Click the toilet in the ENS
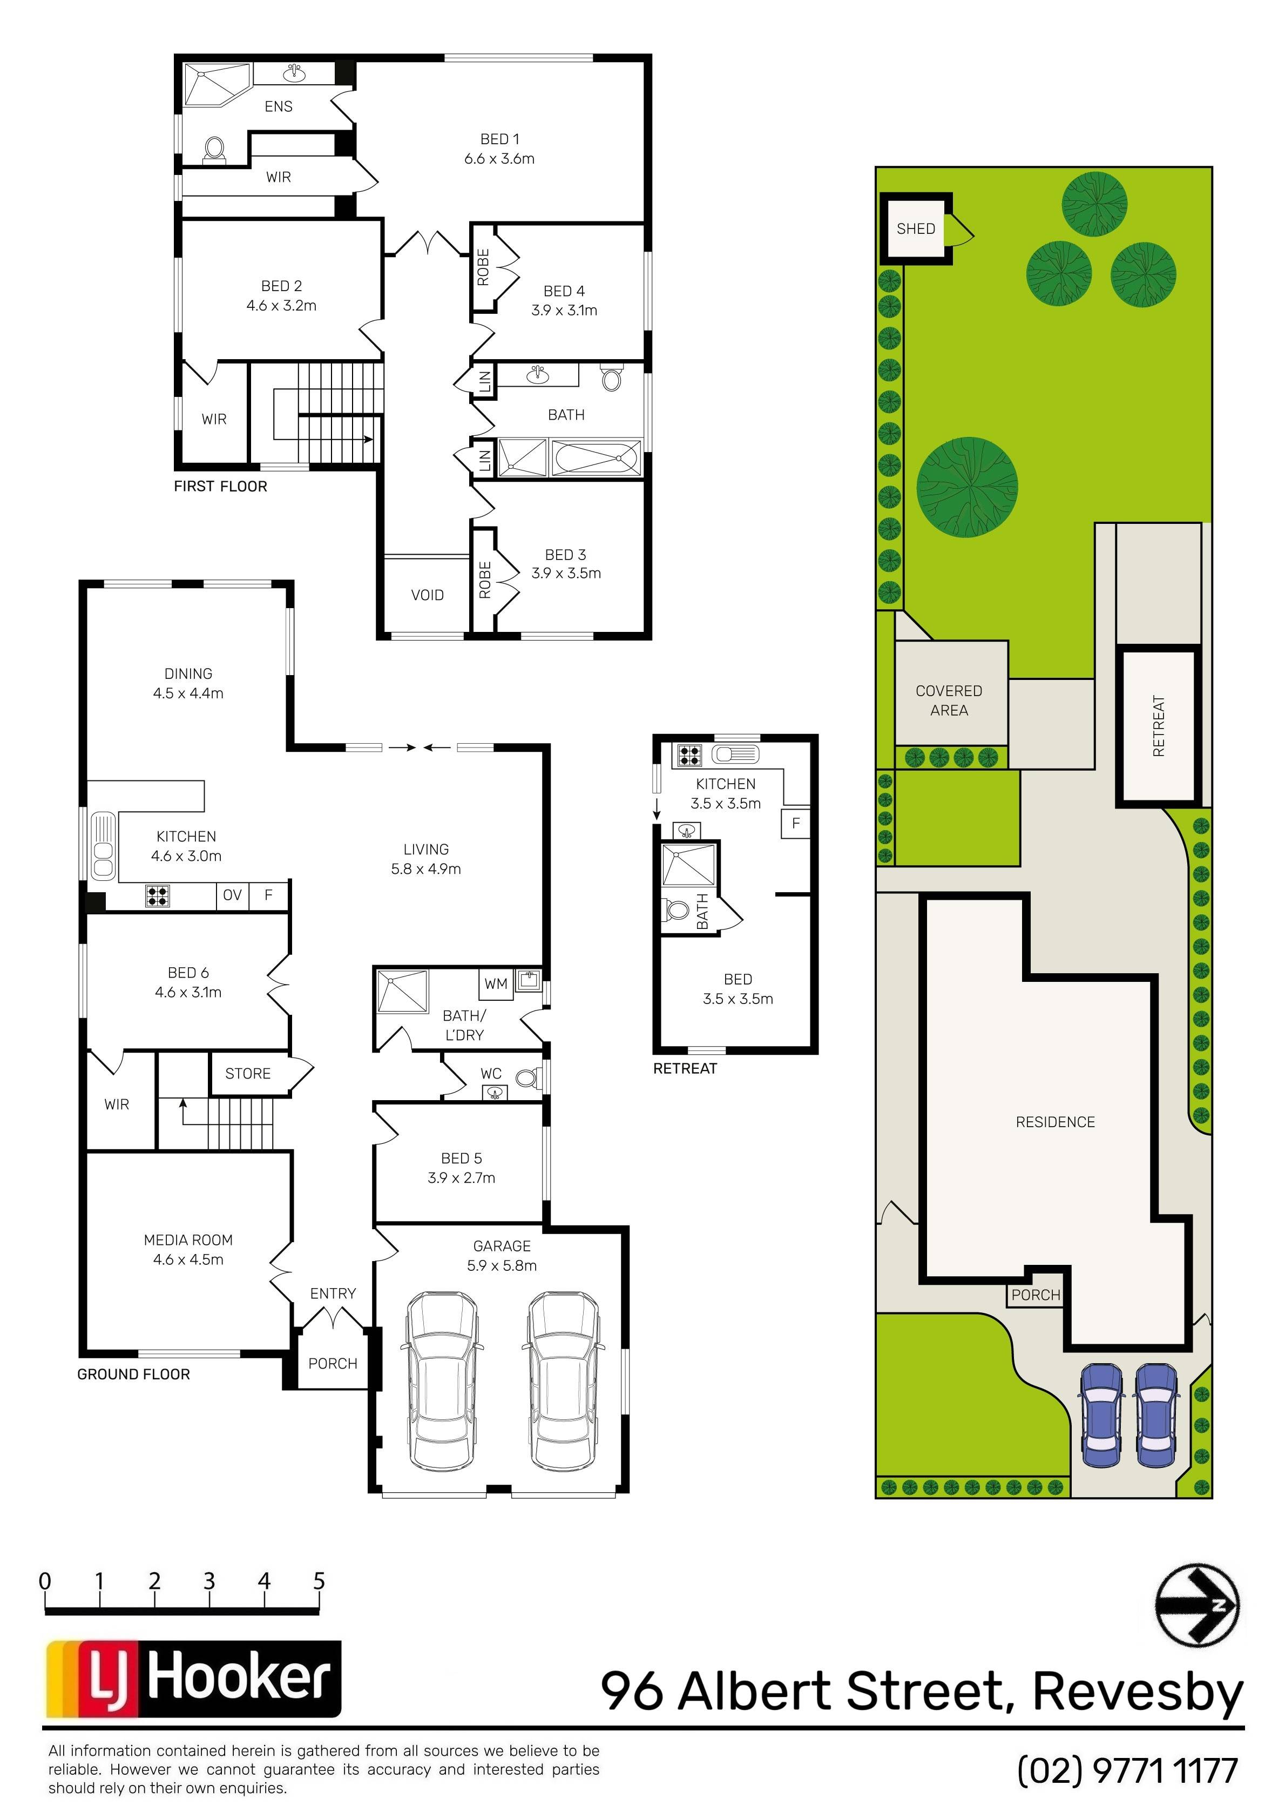pos(214,150)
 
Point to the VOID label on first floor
pos(427,595)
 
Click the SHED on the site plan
pos(917,229)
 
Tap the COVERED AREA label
pos(949,700)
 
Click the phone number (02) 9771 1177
pos(1127,1772)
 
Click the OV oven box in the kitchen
pos(232,895)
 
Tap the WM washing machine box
pos(496,984)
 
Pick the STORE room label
pos(248,1074)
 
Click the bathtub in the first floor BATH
pos(596,458)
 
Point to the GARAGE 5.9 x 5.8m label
pos(502,1256)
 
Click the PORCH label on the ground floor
pos(333,1364)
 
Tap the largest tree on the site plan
pos(968,487)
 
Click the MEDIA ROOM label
pos(188,1249)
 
